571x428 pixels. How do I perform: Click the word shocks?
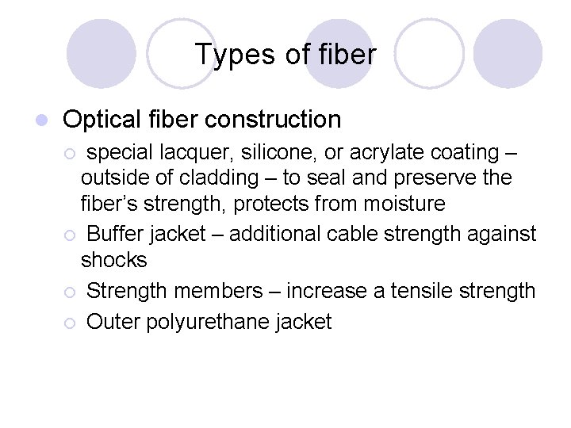114,260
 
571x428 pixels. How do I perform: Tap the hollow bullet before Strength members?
70,292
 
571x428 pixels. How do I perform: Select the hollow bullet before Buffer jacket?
70,235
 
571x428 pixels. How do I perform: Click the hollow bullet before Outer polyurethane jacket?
70,323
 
